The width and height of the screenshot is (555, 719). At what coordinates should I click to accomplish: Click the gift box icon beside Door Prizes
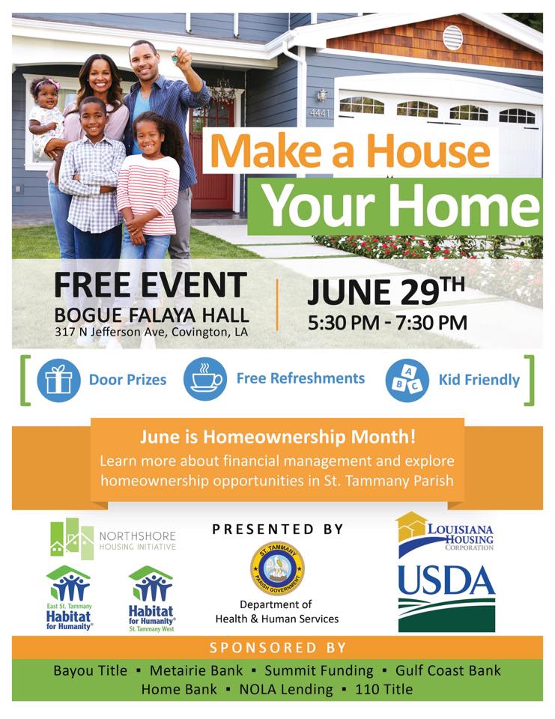[58, 380]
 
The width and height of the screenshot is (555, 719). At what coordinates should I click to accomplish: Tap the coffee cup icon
[205, 380]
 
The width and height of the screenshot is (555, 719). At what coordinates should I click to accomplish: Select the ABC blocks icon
[407, 380]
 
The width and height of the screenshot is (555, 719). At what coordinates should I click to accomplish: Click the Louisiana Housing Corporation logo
[445, 533]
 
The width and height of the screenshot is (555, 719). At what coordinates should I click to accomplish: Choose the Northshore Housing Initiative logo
[113, 539]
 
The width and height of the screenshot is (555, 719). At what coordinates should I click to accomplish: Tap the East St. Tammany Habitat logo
[68, 598]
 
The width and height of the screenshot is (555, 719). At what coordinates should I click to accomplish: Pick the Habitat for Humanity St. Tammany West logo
[151, 599]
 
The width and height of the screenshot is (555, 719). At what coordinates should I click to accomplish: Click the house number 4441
[319, 112]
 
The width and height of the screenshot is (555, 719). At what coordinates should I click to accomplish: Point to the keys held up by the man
[175, 58]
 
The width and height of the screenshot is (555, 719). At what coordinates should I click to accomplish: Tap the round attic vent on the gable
[452, 38]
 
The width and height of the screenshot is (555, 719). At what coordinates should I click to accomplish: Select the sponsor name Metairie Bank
[196, 670]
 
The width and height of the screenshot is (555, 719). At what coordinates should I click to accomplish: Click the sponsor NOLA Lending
[286, 689]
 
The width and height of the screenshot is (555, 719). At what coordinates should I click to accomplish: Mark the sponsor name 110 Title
[384, 689]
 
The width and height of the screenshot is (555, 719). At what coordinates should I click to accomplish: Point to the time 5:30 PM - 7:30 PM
[387, 323]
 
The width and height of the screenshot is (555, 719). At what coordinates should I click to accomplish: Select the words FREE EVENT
[151, 285]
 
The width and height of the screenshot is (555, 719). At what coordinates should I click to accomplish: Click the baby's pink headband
[46, 83]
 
